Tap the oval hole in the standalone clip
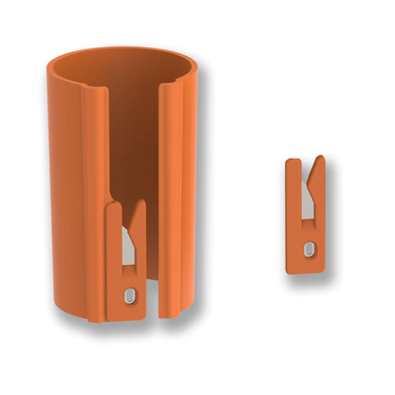308,249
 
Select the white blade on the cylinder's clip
128,253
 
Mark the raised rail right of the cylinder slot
171,152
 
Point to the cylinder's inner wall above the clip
133,142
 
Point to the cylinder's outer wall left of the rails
66,190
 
